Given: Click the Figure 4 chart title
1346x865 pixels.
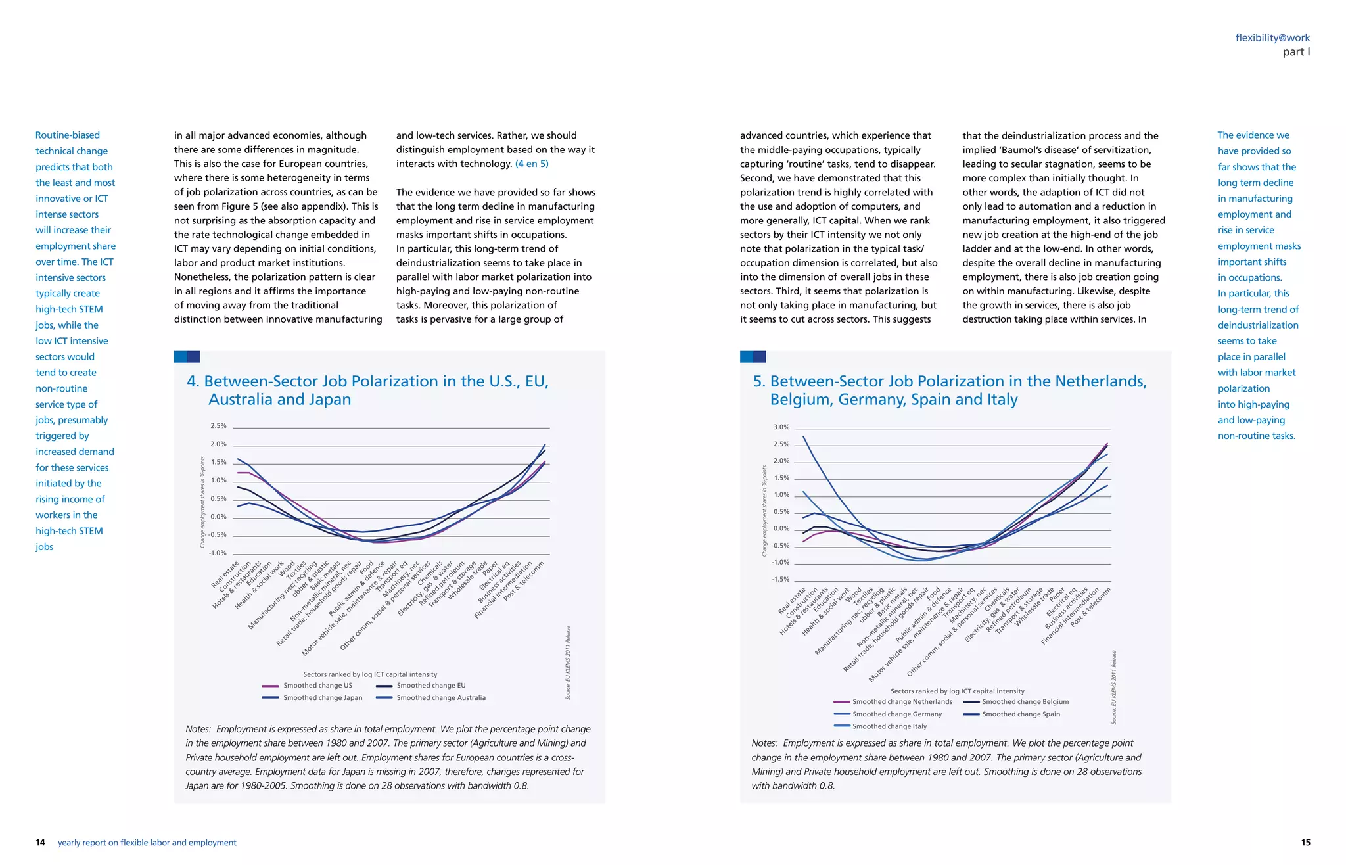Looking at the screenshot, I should pyautogui.click(x=367, y=390).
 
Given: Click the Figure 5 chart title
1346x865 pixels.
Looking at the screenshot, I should pyautogui.click(x=950, y=390).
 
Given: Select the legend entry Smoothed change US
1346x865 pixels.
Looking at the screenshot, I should pyautogui.click(x=317, y=686).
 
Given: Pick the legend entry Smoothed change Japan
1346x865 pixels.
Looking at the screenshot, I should pyautogui.click(x=322, y=698).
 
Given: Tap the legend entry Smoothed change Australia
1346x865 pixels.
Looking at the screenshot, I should pyautogui.click(x=441, y=698).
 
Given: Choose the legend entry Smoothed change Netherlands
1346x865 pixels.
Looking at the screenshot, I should pyautogui.click(x=902, y=702).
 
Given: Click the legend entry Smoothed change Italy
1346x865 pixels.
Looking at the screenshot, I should pyautogui.click(x=889, y=726).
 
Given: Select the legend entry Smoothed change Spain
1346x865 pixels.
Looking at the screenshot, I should pyautogui.click(x=1021, y=714).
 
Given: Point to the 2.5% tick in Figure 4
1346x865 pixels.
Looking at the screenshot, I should pyautogui.click(x=218, y=426).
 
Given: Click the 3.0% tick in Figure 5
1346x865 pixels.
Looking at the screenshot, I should pyautogui.click(x=781, y=427).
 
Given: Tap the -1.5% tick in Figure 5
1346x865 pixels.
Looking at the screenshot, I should pyautogui.click(x=781, y=580).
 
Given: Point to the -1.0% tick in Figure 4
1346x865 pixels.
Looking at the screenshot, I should pyautogui.click(x=218, y=553).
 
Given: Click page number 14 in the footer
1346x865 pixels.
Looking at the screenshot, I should pyautogui.click(x=40, y=843).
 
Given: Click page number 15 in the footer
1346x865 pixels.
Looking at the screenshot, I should pyautogui.click(x=1305, y=843).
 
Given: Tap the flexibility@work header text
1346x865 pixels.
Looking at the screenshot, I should pyautogui.click(x=1272, y=38).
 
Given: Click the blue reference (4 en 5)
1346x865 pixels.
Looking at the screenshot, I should pyautogui.click(x=531, y=164).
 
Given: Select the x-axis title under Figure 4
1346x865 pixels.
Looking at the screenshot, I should pyautogui.click(x=370, y=674).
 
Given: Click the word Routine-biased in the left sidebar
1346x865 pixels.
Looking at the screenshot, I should pyautogui.click(x=68, y=135).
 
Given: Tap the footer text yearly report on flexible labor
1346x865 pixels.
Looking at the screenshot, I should pyautogui.click(x=147, y=843).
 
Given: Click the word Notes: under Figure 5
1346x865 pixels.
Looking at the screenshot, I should pyautogui.click(x=764, y=743).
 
